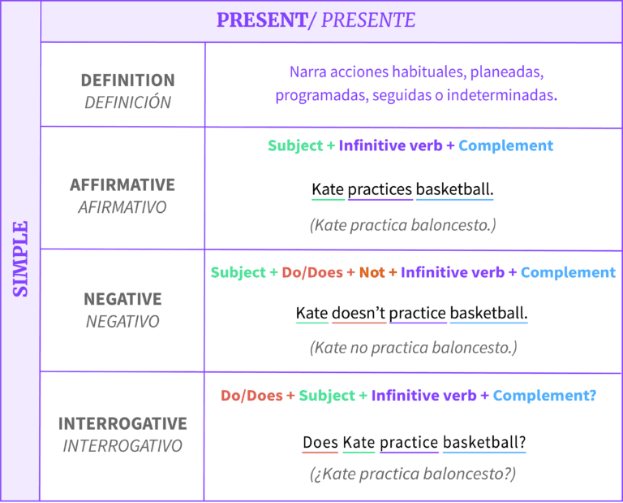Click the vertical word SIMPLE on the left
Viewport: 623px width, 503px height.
[x=20, y=258]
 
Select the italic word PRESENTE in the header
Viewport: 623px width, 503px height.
[x=368, y=20]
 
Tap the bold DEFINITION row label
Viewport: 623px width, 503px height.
[x=127, y=80]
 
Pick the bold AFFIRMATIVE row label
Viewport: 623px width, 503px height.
[x=122, y=184]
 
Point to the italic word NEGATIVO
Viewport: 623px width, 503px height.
[x=122, y=321]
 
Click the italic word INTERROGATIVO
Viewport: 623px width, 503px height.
[x=122, y=446]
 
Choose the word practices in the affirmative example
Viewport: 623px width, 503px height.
[x=380, y=190]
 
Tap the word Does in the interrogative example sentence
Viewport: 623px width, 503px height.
[x=320, y=443]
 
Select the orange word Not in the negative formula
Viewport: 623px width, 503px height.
[x=372, y=272]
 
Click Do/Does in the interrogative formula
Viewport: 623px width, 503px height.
[x=251, y=396]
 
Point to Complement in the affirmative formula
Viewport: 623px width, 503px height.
[x=505, y=145]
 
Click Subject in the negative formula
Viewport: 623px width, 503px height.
[x=238, y=272]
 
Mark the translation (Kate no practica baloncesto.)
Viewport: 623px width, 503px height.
[x=413, y=348]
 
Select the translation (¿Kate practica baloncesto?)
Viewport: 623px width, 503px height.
[x=413, y=474]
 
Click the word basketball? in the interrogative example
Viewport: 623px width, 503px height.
[x=483, y=443]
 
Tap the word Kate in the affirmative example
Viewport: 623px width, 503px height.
[x=328, y=190]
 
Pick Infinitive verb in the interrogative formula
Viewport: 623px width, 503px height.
[x=423, y=396]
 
